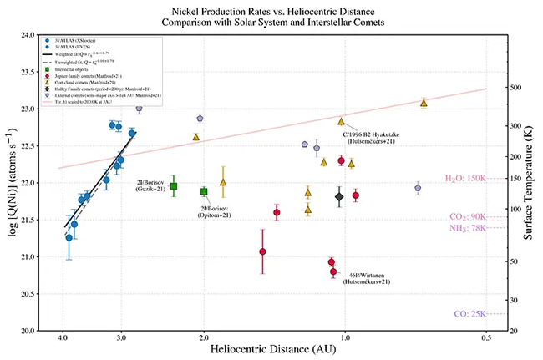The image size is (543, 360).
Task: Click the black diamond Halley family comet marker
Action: (338, 197)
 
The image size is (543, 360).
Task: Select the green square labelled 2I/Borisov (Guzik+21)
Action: (174, 186)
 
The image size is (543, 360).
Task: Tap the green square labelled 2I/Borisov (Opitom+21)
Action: (204, 191)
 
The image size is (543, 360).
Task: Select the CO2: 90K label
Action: (468, 216)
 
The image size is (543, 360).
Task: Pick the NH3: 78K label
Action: (468, 228)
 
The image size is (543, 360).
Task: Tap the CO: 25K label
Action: (471, 314)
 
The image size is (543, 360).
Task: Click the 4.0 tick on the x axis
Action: (63, 338)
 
